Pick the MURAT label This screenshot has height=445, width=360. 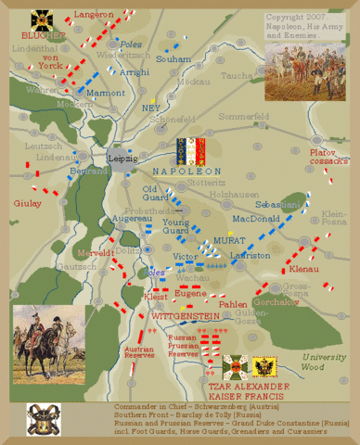coord(227,239)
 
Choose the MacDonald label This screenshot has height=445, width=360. coord(254,220)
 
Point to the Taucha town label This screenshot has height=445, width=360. coord(238,76)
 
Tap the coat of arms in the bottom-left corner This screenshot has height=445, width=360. coord(39,419)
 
